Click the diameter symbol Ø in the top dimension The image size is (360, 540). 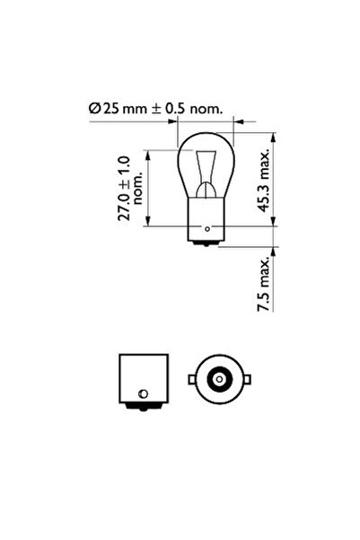pyautogui.click(x=93, y=108)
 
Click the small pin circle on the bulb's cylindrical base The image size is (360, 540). pyautogui.click(x=210, y=230)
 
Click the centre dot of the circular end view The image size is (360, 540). pyautogui.click(x=217, y=381)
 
